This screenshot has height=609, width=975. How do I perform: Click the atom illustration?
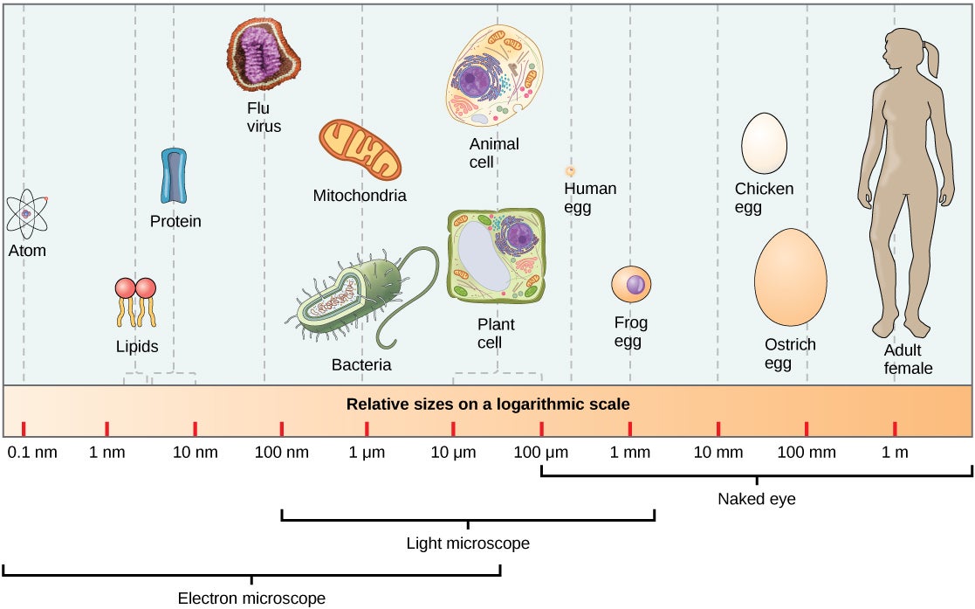tap(26, 213)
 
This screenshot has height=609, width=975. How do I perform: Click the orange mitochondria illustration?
tap(360, 151)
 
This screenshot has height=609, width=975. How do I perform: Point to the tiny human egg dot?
tap(570, 171)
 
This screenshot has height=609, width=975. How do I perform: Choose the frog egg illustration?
tap(631, 285)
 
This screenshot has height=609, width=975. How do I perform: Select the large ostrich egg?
tap(790, 277)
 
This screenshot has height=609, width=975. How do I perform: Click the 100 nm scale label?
tap(281, 453)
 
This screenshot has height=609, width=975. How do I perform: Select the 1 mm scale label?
tap(629, 453)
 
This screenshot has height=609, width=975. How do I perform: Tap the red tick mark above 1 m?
tap(895, 428)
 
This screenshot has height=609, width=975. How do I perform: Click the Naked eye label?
tap(756, 500)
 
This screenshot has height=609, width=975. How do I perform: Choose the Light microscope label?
tap(468, 543)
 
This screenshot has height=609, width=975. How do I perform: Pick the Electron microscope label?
tap(251, 599)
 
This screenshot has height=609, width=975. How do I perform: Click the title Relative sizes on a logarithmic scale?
tap(488, 405)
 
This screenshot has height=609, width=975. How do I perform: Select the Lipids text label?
tap(137, 347)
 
